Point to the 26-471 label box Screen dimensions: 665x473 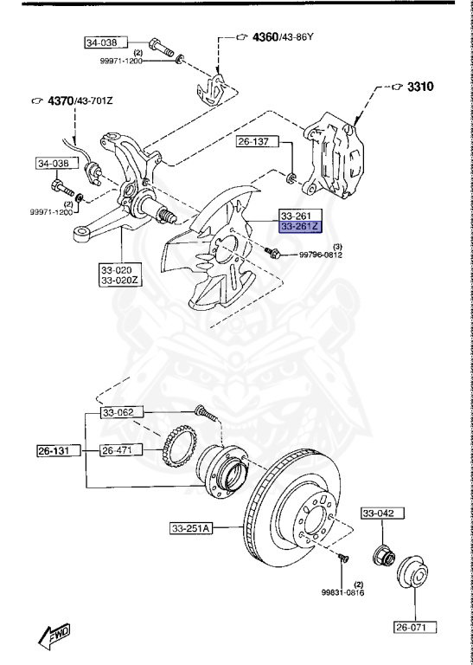(118, 450)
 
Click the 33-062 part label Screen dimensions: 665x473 (120, 412)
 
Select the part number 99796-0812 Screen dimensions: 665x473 (321, 255)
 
